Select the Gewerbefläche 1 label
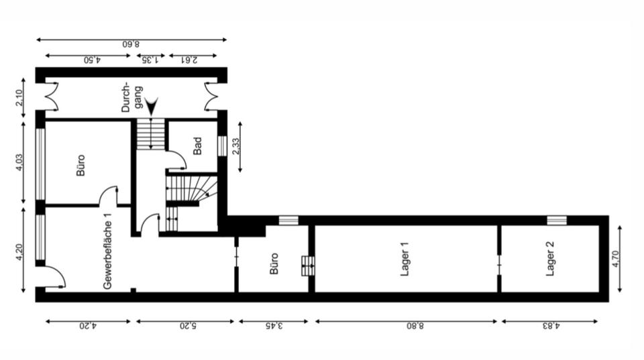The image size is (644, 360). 107,251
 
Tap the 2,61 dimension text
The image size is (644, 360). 192,60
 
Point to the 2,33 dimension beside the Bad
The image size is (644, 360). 235,147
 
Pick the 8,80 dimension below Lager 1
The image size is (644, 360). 407,326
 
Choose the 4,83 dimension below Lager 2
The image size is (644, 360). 549,326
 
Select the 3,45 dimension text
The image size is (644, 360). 274,326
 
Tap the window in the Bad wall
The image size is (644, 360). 221,146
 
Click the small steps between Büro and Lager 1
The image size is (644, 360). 307,265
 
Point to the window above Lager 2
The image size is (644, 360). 556,220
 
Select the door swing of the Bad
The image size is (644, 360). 176,160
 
